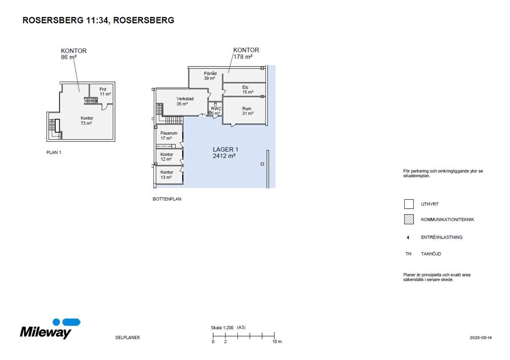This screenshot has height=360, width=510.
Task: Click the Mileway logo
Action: [x=50, y=329]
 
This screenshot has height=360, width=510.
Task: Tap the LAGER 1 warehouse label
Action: [x=225, y=153]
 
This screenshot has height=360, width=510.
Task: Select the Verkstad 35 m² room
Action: [x=182, y=102]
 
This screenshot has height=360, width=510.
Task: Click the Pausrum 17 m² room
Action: [x=169, y=136]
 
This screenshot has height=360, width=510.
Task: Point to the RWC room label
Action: [x=216, y=109]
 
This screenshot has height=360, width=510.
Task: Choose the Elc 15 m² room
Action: [x=244, y=89]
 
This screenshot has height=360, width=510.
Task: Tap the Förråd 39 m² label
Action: [x=210, y=76]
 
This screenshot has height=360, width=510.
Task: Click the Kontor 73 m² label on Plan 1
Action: [x=87, y=121]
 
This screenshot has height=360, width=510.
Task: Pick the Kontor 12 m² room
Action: [x=169, y=157]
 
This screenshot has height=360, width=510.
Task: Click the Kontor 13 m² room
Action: [x=169, y=175]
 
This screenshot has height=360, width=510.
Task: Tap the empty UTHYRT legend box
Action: [x=409, y=204]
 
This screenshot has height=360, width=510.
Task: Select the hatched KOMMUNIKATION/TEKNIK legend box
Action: [x=409, y=219]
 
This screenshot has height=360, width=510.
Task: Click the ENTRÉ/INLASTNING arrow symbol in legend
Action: [x=408, y=237]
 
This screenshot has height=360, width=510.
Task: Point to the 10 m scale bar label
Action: [x=277, y=342]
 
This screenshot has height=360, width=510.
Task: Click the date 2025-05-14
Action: [x=481, y=338]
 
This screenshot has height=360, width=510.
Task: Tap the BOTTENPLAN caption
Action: [x=167, y=199]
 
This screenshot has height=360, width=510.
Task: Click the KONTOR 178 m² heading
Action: [x=246, y=53]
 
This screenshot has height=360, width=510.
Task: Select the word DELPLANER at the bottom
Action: [x=127, y=338]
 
